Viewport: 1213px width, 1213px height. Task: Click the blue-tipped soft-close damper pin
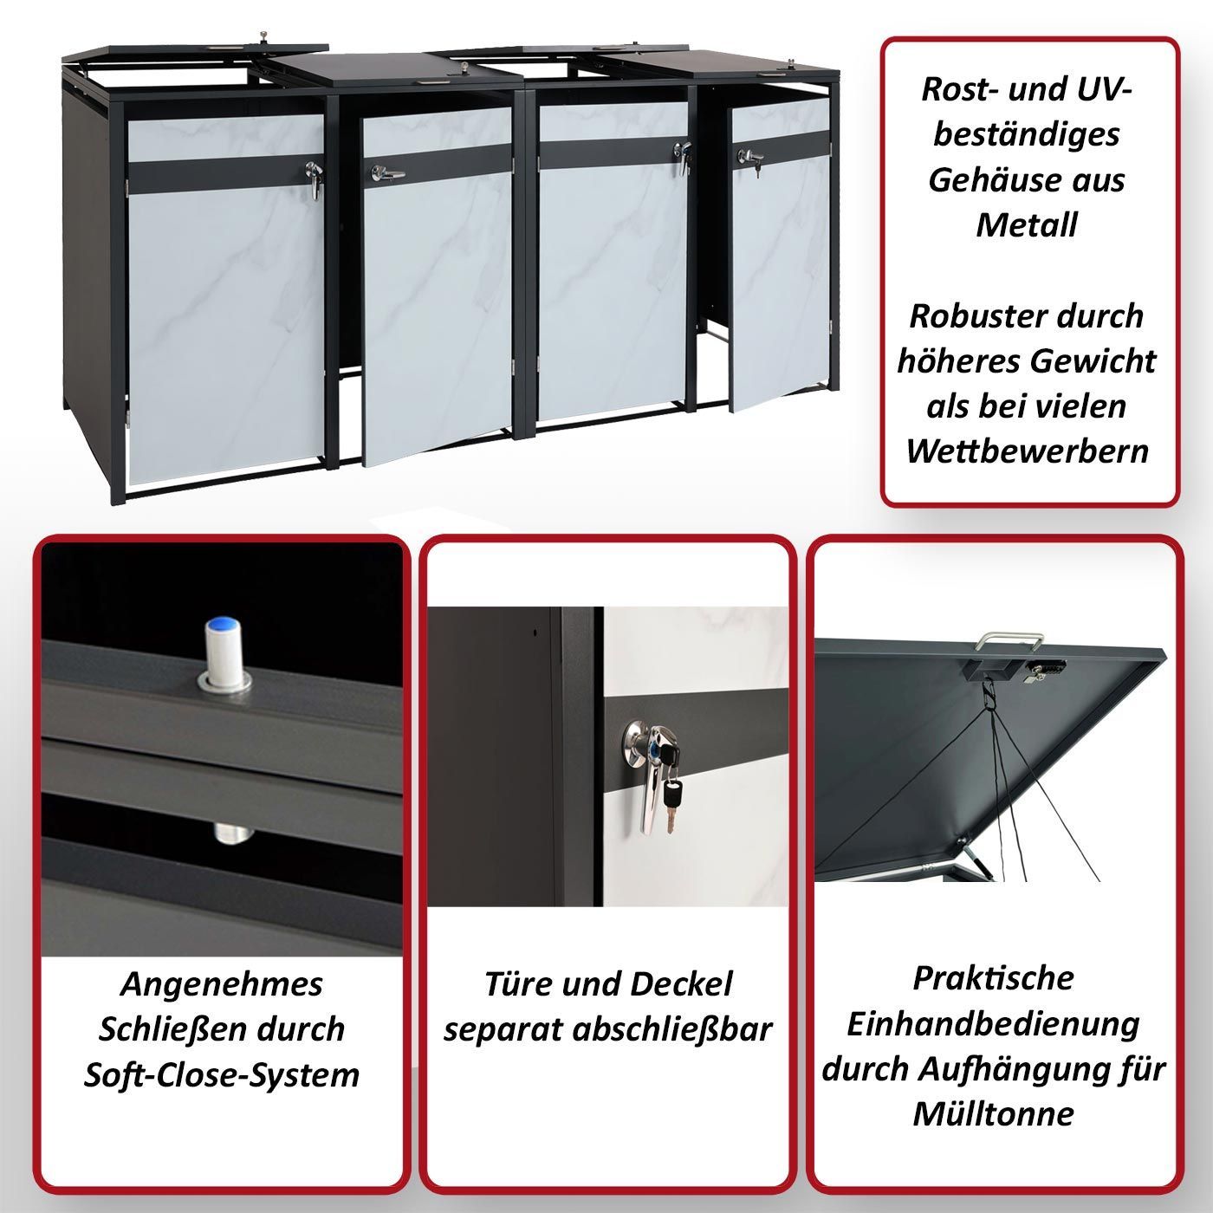tap(224, 653)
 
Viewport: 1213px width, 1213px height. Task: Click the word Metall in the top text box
tap(1027, 224)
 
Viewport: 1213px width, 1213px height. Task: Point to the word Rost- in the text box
tap(958, 89)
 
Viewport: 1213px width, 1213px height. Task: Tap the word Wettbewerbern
tap(1028, 451)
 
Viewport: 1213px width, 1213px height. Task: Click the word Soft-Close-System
tap(222, 1074)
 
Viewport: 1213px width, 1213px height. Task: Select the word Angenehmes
tap(222, 984)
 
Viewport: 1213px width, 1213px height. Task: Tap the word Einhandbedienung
tap(993, 1023)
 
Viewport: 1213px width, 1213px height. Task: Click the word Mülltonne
tap(993, 1114)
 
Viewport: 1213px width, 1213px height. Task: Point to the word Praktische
tap(993, 978)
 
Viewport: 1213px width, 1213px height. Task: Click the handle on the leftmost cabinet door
tap(314, 178)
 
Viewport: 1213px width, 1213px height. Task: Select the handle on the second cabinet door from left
tap(386, 173)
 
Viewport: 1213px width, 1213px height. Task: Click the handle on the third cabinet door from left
tap(683, 156)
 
